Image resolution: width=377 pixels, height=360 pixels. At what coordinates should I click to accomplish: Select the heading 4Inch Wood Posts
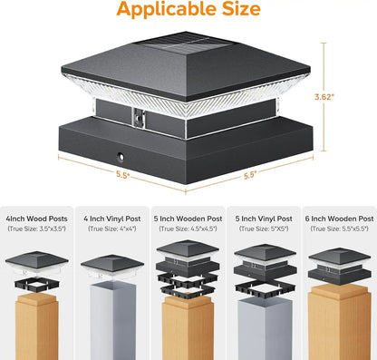37,219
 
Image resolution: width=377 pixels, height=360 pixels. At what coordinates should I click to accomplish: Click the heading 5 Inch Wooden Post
188,219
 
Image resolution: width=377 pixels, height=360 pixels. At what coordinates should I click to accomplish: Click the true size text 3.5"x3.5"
37,230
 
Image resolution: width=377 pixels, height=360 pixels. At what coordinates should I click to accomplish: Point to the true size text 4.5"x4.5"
188,230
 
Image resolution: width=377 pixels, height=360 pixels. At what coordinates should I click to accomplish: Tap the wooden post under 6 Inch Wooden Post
338,326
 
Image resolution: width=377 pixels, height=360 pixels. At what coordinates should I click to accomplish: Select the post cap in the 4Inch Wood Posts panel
37,260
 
